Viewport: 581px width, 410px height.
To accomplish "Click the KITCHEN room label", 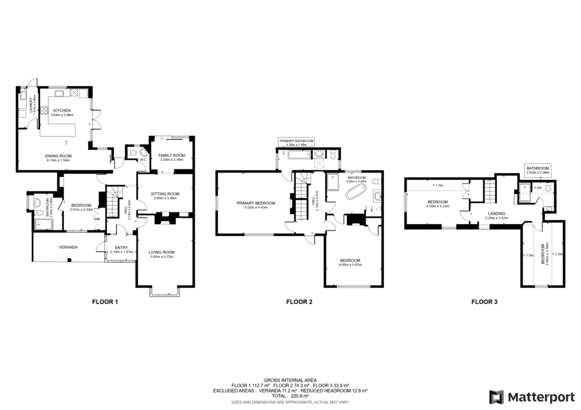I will coord(62,110).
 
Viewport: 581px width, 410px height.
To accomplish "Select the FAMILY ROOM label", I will coord(171,156).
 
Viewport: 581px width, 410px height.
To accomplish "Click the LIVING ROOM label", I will coord(163,251).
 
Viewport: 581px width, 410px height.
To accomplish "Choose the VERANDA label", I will coord(68,247).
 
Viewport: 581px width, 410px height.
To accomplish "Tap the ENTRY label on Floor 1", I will coord(121,247).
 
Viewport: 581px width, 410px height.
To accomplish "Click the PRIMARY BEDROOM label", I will coord(256,203).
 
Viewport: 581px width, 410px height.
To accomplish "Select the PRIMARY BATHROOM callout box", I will coord(296,142).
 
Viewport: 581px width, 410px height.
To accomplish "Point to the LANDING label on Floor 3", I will coord(496,214).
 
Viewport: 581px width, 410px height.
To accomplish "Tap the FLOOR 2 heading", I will coord(299,302).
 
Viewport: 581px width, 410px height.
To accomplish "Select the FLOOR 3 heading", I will coord(484,302).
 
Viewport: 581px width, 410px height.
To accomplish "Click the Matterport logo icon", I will coord(496,397).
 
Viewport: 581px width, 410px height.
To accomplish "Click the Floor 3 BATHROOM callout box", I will coord(537,170).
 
